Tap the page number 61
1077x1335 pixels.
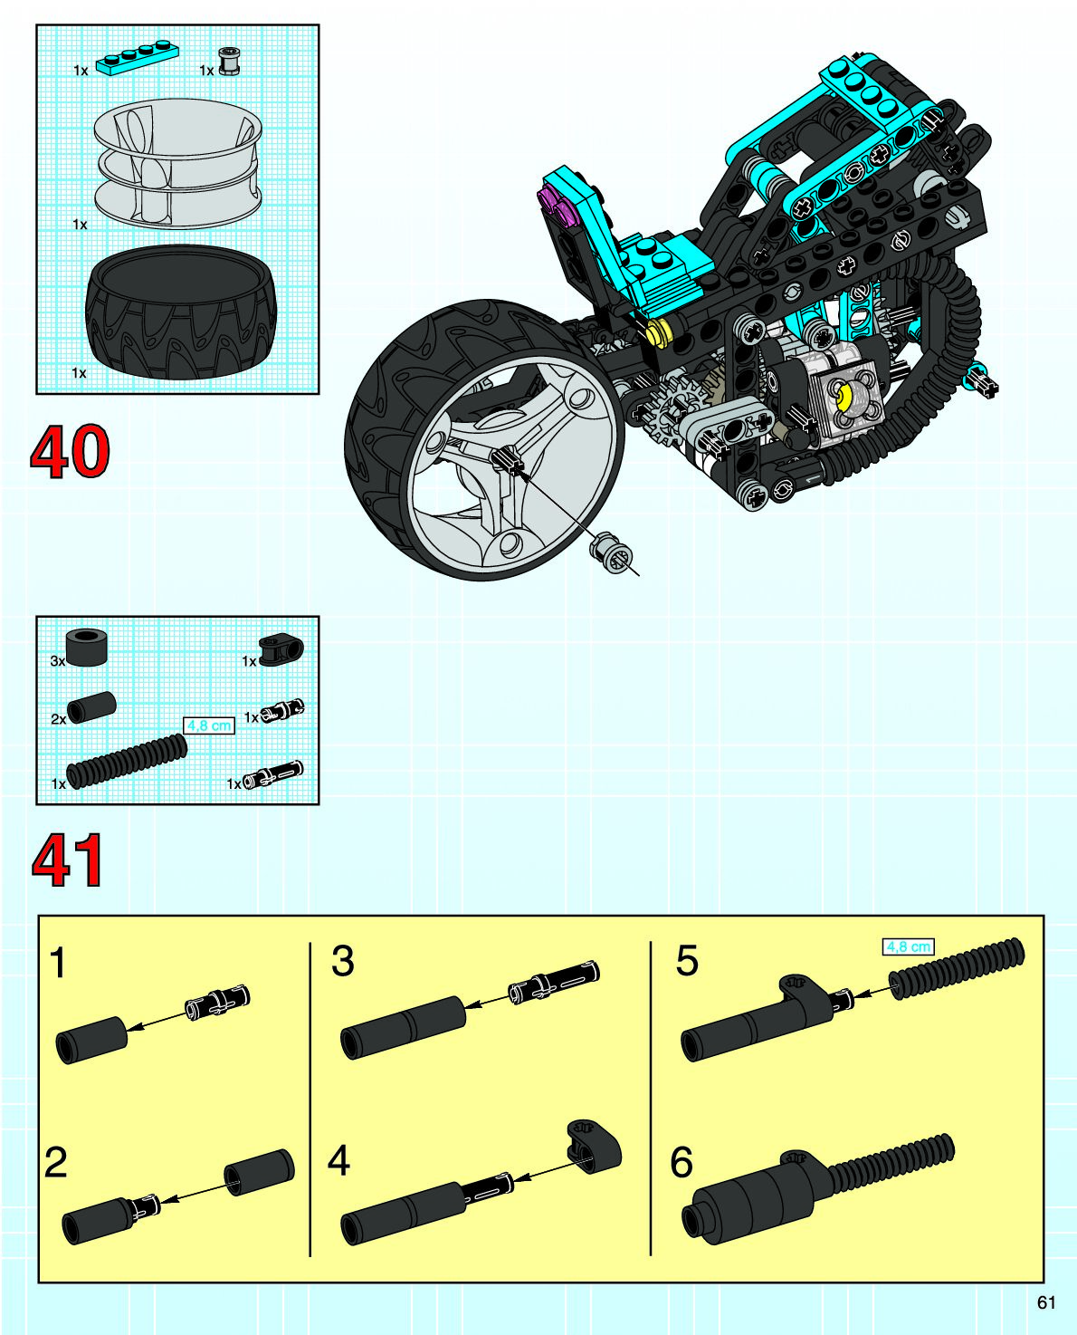pos(1046,1302)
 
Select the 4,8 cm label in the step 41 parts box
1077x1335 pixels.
pos(208,725)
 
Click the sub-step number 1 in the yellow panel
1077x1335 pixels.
pos(58,963)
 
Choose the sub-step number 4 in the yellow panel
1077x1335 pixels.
pos(338,1160)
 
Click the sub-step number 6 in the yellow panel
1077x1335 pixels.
pos(681,1162)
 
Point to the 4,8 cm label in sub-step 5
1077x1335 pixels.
pos(908,946)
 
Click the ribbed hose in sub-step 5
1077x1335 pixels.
pos(958,969)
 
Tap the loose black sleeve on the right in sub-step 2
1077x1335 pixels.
pos(260,1172)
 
